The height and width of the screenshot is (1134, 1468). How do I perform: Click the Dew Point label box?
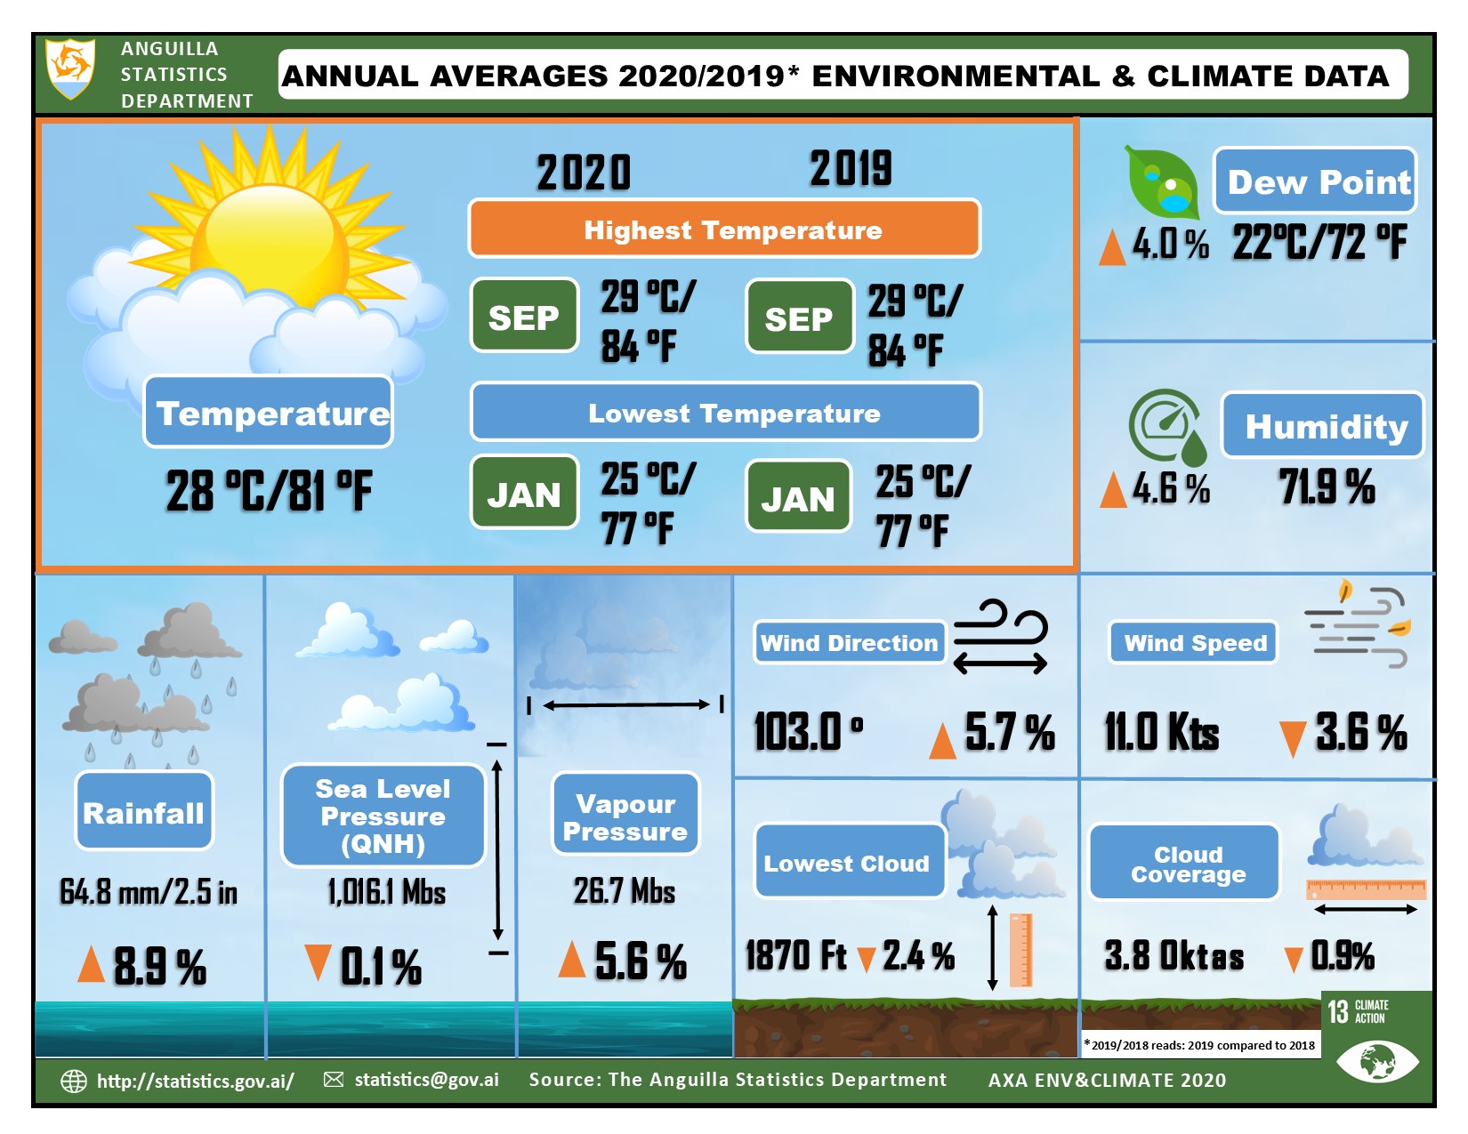(1315, 181)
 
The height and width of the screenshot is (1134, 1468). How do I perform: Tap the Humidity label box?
(1323, 426)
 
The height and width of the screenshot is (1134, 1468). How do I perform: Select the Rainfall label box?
(144, 812)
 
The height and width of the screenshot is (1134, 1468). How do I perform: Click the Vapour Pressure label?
(625, 816)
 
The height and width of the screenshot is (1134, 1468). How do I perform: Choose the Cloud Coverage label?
(1185, 864)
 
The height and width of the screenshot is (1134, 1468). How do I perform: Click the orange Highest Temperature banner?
(724, 229)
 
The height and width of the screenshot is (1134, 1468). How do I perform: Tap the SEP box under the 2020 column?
(524, 317)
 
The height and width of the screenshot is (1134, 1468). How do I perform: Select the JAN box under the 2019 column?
(798, 498)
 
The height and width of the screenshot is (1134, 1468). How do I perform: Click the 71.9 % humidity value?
(1327, 487)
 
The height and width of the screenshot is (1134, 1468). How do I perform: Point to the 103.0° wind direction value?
(808, 733)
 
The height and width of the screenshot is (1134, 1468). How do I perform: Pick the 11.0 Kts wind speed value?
(1161, 733)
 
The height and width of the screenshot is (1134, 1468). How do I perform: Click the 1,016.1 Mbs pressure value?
(386, 891)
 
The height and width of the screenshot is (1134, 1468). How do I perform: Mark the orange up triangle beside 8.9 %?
(91, 964)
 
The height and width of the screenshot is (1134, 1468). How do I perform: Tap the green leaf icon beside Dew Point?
(1161, 182)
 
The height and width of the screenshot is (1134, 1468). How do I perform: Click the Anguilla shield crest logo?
(70, 68)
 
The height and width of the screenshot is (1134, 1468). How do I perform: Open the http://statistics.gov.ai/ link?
(195, 1081)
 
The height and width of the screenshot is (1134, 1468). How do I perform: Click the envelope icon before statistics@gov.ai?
(334, 1080)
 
